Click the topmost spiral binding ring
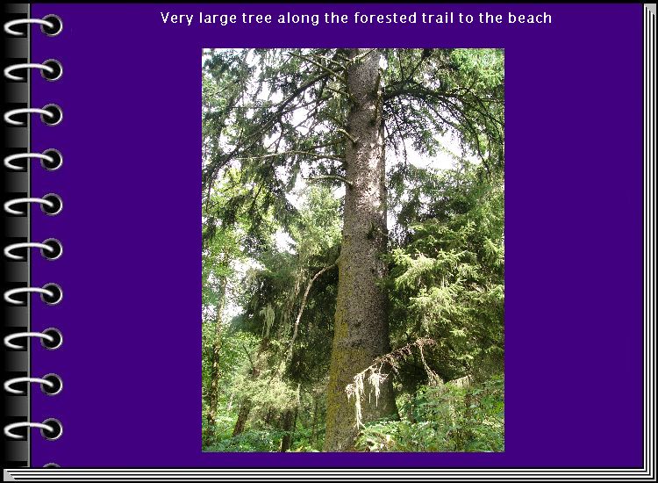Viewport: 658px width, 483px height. point(33,26)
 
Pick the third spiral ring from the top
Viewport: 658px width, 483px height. point(33,116)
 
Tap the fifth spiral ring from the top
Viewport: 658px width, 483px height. point(33,205)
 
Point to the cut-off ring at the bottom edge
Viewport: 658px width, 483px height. point(51,465)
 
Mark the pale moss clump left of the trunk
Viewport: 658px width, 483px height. point(268,320)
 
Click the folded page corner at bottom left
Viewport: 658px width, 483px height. point(10,475)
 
